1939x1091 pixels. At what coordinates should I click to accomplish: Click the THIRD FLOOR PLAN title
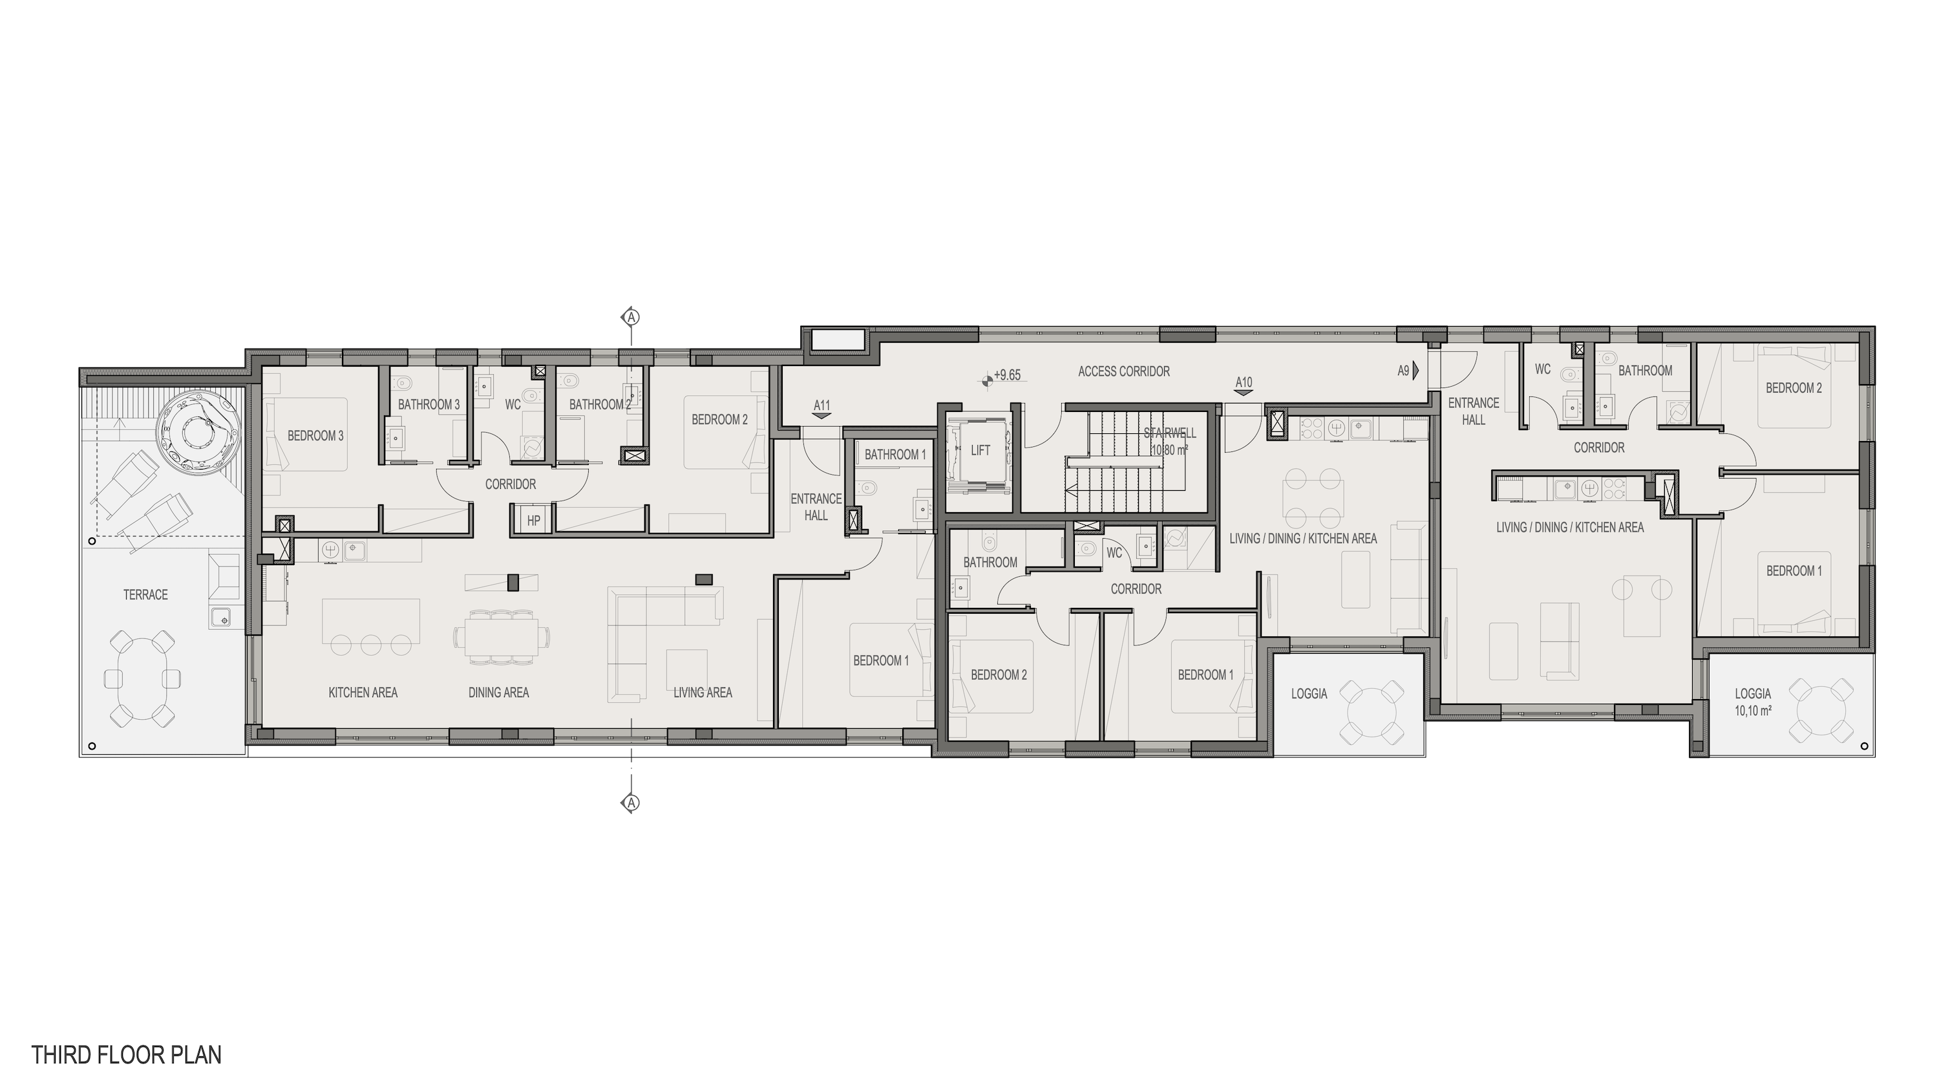point(127,1055)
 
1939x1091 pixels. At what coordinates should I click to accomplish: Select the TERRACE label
point(145,595)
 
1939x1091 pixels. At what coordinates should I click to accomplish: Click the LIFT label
point(980,450)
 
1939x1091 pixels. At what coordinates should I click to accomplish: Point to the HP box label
point(534,520)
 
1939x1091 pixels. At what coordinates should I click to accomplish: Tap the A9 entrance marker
point(1408,371)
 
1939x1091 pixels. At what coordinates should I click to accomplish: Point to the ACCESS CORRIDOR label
point(1124,371)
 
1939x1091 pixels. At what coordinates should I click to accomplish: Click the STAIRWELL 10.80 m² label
point(1170,442)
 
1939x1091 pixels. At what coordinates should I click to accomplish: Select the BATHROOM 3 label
point(429,404)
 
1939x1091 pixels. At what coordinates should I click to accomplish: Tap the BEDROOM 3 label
point(315,435)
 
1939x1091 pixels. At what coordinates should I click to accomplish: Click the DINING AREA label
point(498,693)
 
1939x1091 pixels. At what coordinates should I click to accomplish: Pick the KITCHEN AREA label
point(363,693)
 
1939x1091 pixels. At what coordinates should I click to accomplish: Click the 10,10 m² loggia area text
point(1753,710)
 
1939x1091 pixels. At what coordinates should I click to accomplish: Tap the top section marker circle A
point(631,317)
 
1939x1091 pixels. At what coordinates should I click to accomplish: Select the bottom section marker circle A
point(631,803)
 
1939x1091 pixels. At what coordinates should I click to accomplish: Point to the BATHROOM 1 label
point(895,455)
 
